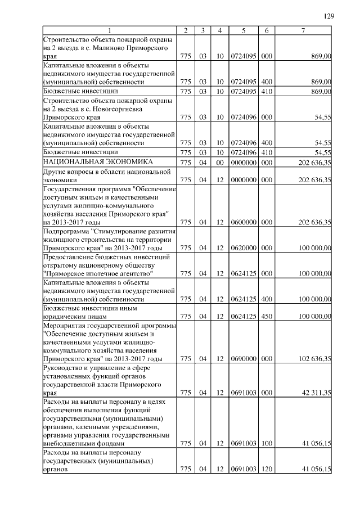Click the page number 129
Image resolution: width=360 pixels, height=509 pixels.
click(329, 16)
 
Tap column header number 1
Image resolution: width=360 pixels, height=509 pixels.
click(110, 30)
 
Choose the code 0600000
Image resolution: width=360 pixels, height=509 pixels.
click(244, 222)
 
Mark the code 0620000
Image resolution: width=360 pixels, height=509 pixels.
click(244, 247)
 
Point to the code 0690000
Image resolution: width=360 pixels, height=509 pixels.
click(244, 358)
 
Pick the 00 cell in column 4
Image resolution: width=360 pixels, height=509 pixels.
click(220, 161)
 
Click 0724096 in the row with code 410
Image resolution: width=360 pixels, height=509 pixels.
click(244, 152)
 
